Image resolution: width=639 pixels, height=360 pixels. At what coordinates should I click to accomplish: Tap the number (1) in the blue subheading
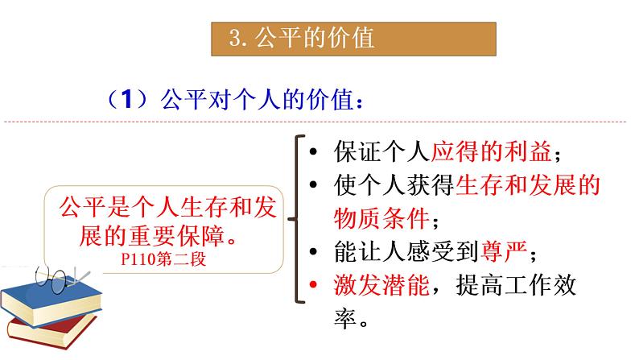[125, 101]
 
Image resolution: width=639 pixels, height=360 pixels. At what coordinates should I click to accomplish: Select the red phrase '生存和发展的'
[527, 186]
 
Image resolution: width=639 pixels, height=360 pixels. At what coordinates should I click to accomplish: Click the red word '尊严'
[505, 252]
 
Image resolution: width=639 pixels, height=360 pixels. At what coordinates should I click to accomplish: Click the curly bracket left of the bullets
[295, 218]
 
